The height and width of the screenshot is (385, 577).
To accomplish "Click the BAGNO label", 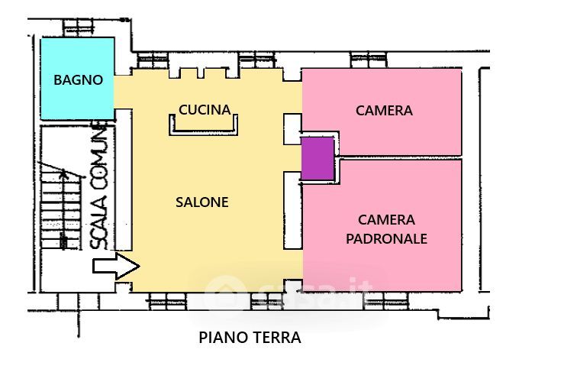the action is tap(78, 80).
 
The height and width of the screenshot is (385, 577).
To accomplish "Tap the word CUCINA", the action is tap(205, 109).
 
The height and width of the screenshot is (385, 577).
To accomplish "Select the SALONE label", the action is tap(202, 202).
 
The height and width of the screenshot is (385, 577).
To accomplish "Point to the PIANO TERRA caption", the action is tap(250, 338).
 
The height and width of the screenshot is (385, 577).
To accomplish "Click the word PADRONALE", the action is tap(386, 239).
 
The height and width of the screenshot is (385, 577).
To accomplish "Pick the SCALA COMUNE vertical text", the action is tap(99, 187).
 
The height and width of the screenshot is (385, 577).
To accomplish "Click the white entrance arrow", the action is tap(116, 266).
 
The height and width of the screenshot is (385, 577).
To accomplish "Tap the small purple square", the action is tap(318, 159).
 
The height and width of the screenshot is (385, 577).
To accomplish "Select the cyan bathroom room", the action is tap(77, 79).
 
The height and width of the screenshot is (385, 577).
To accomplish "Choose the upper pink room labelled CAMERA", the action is tap(382, 112).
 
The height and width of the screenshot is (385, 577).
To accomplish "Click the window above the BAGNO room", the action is tap(78, 27).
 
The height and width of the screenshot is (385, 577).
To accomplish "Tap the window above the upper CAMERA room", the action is tap(369, 60).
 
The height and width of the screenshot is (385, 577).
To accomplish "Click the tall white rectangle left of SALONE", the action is tap(124, 180).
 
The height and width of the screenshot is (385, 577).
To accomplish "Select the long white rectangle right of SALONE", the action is tap(293, 210).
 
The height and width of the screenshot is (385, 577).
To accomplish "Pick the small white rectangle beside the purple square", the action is tap(292, 129).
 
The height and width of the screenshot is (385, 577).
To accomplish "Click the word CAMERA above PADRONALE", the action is tap(386, 220).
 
